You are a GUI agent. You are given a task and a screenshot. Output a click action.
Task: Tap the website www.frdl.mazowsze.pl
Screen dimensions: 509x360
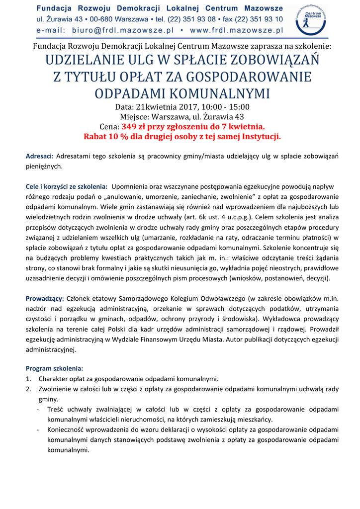(x=236, y=30)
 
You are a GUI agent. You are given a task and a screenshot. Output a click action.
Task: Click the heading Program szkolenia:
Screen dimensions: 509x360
(x=55, y=368)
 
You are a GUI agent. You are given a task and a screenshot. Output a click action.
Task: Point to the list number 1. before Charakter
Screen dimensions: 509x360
(x=29, y=379)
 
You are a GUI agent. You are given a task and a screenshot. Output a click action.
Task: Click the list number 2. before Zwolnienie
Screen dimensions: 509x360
(x=29, y=389)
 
